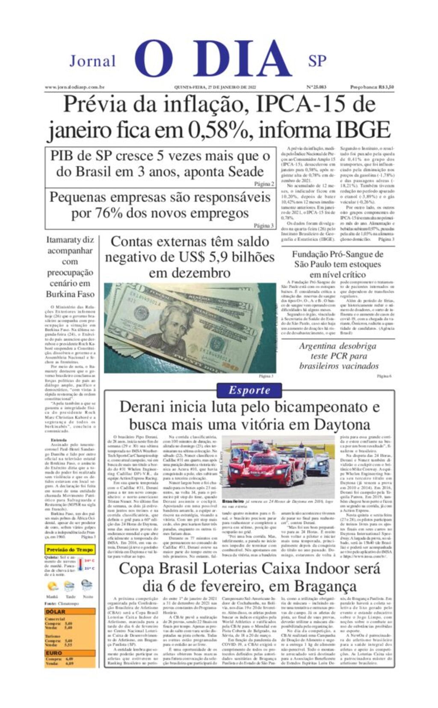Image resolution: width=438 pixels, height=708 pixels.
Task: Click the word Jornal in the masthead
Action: pyautogui.click(x=92, y=61)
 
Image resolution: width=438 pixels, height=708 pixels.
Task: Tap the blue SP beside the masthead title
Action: pyautogui.click(x=317, y=61)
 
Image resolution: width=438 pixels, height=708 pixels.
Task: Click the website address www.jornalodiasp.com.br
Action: pyautogui.click(x=75, y=87)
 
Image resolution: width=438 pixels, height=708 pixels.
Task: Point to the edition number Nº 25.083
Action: pyautogui.click(x=316, y=87)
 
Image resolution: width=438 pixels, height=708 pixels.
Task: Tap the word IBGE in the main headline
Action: pyautogui.click(x=362, y=130)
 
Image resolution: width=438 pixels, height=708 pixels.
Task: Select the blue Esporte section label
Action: pyautogui.click(x=249, y=390)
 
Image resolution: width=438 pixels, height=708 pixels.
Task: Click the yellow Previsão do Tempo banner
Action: pyautogui.click(x=70, y=550)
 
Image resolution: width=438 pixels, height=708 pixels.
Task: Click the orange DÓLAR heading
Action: pyautogui.click(x=56, y=612)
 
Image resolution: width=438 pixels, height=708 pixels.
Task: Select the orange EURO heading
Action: pyautogui.click(x=54, y=653)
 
